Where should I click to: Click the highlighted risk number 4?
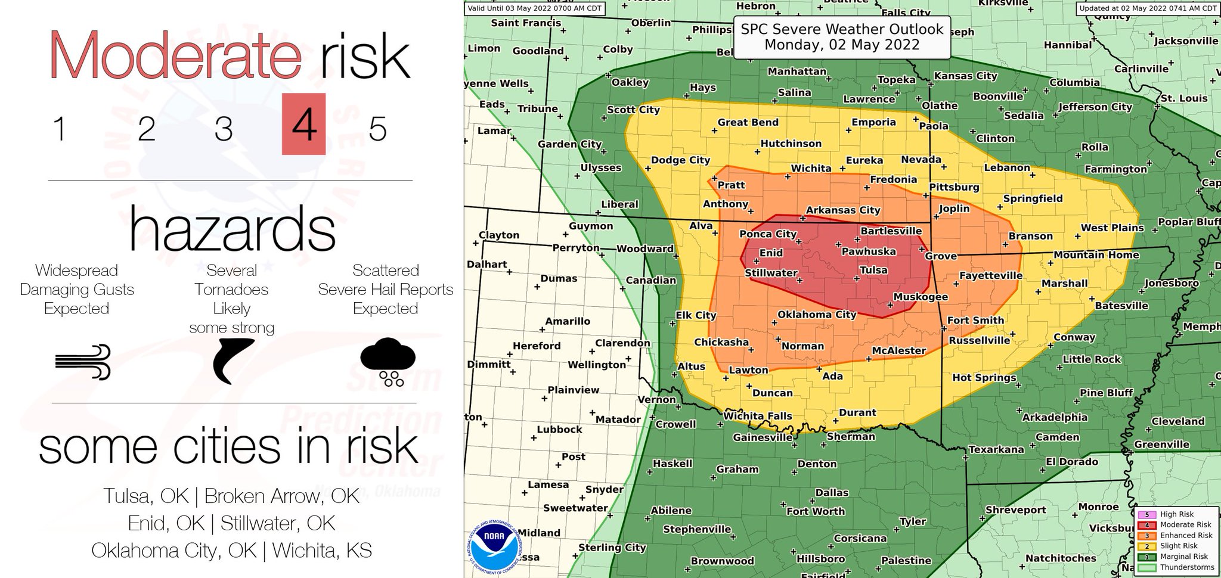tap(303, 125)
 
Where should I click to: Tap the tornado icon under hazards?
tap(233, 361)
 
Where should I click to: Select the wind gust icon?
tap(83, 361)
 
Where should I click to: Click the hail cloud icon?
tap(388, 361)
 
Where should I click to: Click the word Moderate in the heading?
tap(175, 55)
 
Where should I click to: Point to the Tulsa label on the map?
tap(873, 270)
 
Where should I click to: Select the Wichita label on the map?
tap(811, 168)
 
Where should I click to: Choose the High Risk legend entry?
tap(1176, 514)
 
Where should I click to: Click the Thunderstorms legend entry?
tap(1186, 567)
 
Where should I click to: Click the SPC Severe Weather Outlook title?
tap(842, 37)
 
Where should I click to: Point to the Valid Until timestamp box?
tap(534, 8)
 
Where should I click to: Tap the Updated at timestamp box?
tap(1148, 8)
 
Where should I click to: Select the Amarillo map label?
tap(567, 321)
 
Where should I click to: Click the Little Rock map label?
tap(1092, 359)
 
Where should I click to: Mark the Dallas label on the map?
tap(832, 492)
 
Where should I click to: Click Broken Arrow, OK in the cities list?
tap(281, 496)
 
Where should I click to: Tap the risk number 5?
tap(377, 128)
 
